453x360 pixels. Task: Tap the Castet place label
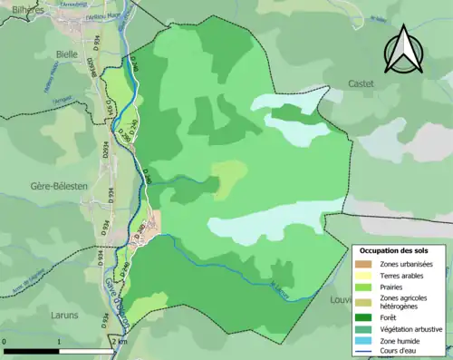point(361,83)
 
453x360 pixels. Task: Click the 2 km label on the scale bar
point(118,343)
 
